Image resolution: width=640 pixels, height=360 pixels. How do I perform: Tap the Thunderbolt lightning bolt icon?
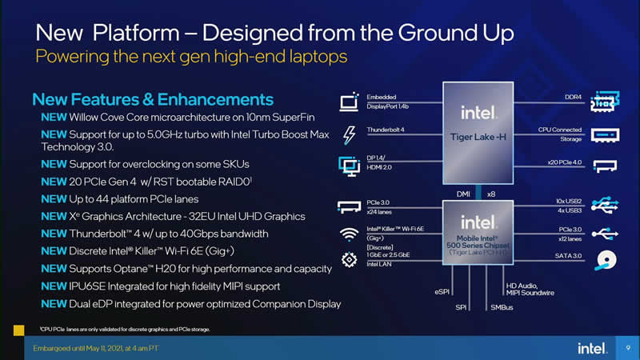(x=349, y=134)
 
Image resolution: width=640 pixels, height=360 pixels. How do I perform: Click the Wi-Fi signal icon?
(x=349, y=234)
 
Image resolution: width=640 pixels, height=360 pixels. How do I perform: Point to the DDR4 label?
(x=573, y=97)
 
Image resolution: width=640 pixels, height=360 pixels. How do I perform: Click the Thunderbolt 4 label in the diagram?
(x=386, y=129)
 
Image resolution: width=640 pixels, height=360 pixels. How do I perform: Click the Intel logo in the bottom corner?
(x=593, y=348)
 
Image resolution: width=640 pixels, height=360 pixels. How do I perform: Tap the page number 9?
(x=629, y=348)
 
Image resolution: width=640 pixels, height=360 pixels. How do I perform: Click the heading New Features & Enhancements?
(x=153, y=100)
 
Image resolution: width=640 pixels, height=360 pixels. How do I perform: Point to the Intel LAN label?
(x=379, y=263)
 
